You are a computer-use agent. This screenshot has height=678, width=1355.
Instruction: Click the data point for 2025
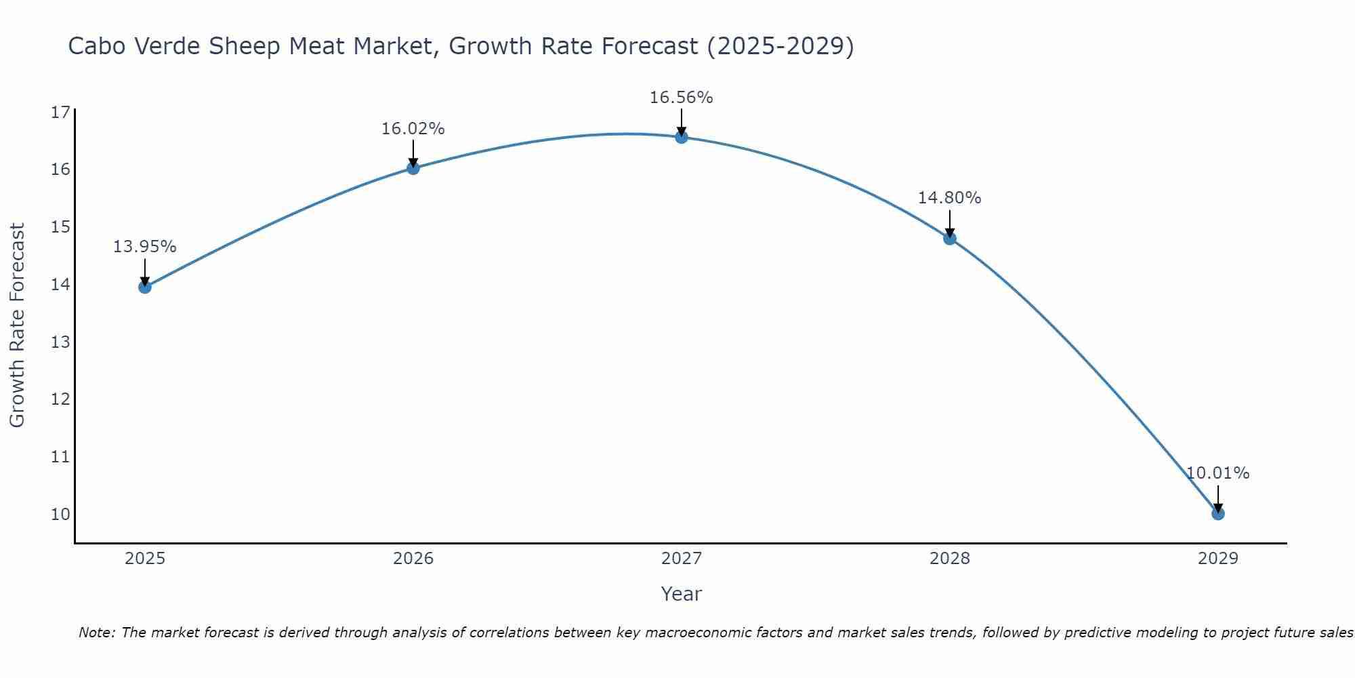pos(145,287)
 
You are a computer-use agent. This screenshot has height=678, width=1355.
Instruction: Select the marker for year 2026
pos(413,168)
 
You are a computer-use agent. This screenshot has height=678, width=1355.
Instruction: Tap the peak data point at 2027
pos(682,137)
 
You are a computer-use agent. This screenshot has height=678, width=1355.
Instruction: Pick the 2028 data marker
pos(950,238)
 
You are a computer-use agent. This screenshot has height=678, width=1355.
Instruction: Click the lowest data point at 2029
pos(1218,513)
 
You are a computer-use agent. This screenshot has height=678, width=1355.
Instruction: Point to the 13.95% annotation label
pos(144,247)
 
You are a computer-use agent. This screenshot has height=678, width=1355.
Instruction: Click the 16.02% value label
pos(413,129)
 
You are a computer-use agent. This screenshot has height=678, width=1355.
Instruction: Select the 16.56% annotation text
pos(681,98)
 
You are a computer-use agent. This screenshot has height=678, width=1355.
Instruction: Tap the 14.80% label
pos(949,198)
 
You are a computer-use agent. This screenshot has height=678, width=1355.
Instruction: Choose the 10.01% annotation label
pos(1217,473)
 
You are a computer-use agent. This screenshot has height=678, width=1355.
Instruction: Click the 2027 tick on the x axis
pos(682,559)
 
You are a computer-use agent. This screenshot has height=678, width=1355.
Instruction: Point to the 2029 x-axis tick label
pos(1218,559)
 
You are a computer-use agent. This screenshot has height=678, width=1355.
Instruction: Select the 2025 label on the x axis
pos(145,559)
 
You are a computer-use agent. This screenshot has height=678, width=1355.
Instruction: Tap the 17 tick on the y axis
pos(60,112)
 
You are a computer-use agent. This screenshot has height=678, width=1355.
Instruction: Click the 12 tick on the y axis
pos(60,399)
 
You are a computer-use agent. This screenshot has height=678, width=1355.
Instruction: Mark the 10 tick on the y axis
pos(60,514)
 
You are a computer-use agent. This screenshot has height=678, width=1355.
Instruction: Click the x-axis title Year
pos(681,594)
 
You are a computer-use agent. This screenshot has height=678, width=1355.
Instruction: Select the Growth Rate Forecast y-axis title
pos(17,325)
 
